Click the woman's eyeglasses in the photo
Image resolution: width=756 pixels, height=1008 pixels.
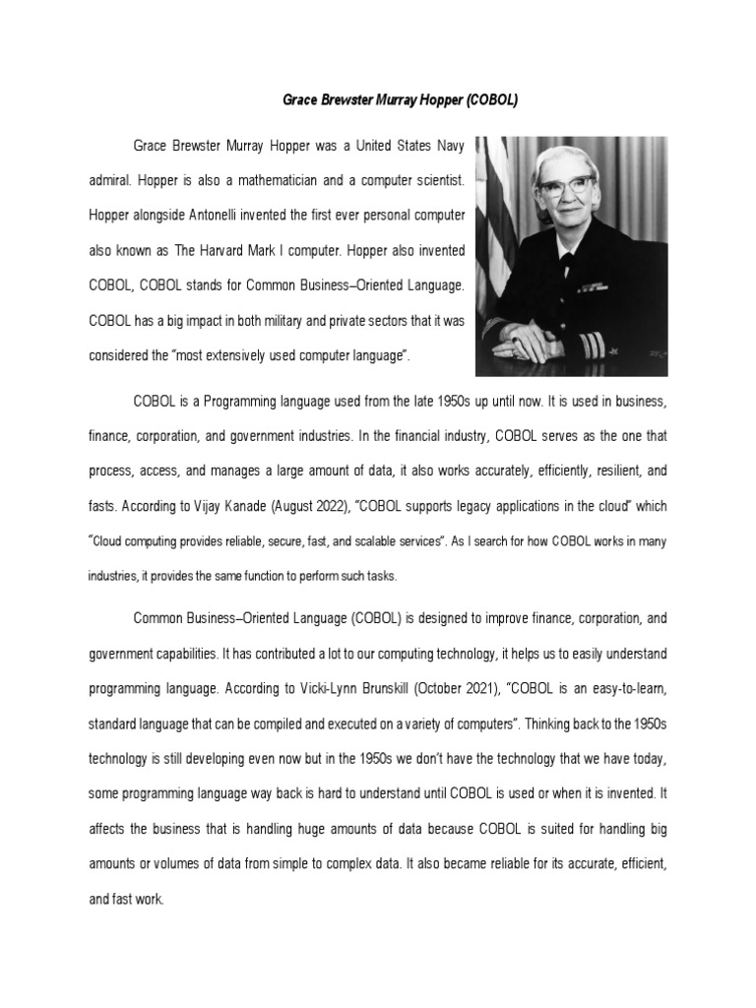click(x=570, y=185)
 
